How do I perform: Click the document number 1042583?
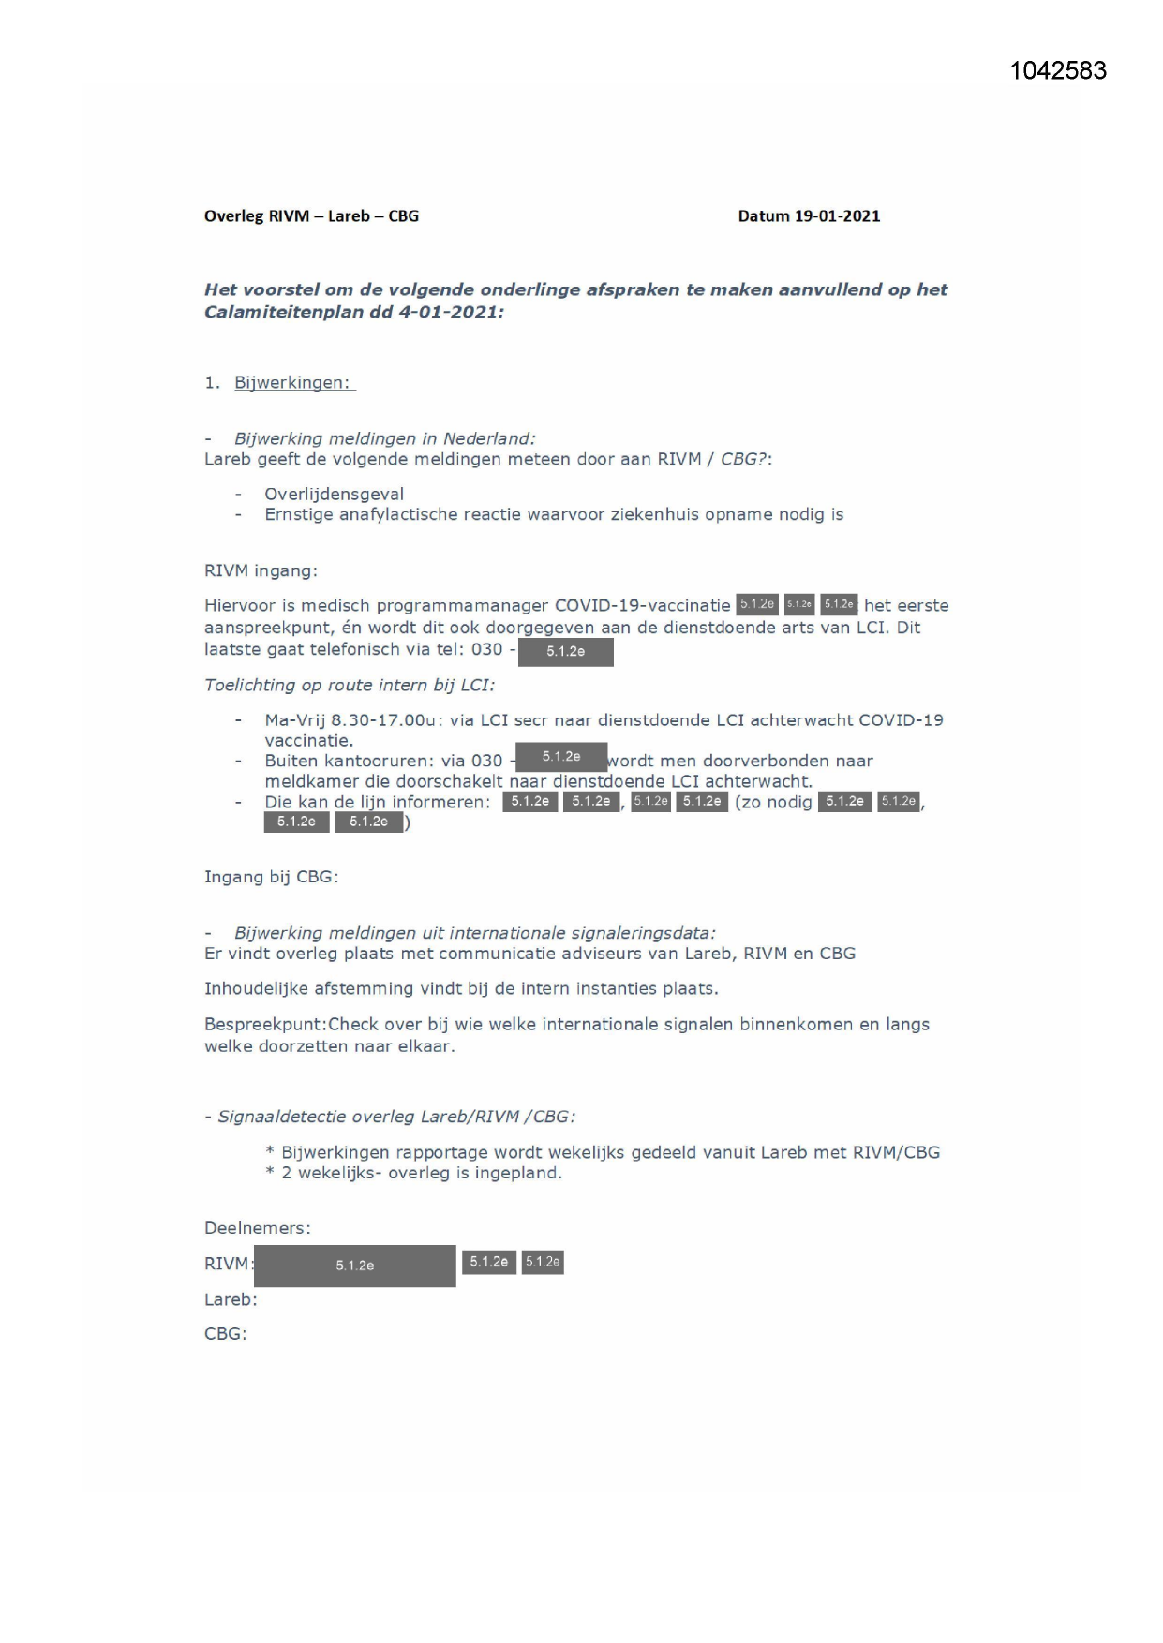coord(1058,71)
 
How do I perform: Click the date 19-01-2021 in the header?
coord(837,216)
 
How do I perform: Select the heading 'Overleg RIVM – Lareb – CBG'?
coord(311,216)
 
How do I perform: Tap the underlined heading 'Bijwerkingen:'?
coord(291,383)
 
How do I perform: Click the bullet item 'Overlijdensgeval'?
coord(334,494)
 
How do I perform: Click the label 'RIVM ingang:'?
coord(261,570)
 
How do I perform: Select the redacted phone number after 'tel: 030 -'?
coord(565,652)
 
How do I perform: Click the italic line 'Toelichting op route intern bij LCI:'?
coord(350,685)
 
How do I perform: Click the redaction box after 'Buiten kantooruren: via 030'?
coord(560,757)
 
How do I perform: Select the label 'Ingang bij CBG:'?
coord(271,877)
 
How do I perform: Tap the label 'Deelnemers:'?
coord(257,1228)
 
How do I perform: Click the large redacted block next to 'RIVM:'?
coord(354,1266)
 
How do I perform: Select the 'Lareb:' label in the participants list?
coord(231,1299)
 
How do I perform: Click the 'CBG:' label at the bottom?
coord(226,1333)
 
